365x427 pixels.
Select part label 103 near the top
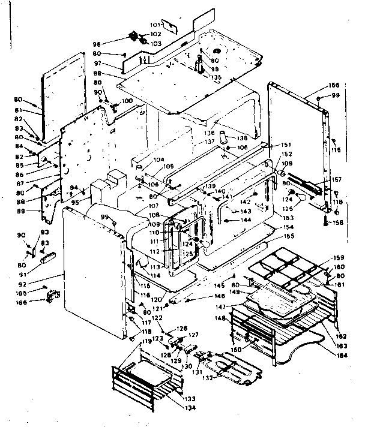tap(155, 44)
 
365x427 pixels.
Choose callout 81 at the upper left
tap(35, 110)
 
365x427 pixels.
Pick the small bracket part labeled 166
tap(55, 296)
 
